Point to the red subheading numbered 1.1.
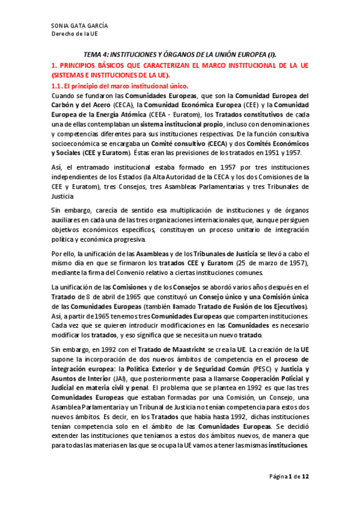tap(121, 86)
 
